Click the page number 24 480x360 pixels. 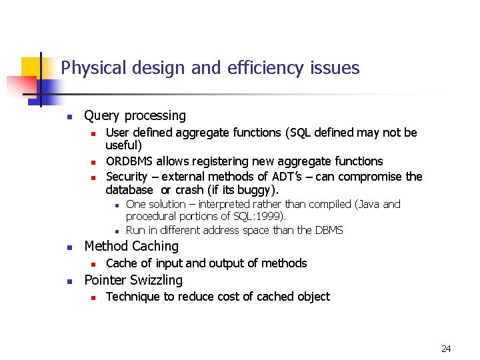[446, 349]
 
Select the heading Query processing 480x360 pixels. [135, 116]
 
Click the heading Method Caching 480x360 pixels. [131, 247]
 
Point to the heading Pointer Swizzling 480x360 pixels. [133, 280]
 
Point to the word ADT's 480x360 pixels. [286, 177]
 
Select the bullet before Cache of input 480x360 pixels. [94, 264]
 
